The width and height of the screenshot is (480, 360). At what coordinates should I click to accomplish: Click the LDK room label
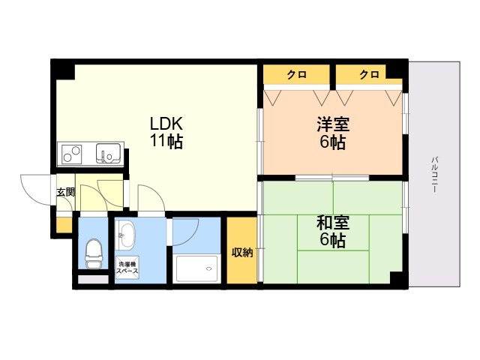tap(166, 123)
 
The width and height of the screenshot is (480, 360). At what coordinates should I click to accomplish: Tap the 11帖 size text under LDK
tap(166, 140)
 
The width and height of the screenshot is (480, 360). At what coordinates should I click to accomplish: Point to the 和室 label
tap(331, 223)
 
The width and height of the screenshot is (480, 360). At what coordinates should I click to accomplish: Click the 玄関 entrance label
tap(65, 192)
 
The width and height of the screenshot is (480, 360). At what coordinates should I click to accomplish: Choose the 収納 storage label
tap(241, 252)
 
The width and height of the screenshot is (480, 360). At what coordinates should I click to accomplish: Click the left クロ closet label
tap(295, 74)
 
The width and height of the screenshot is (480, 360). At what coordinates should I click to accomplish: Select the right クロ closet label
tap(368, 74)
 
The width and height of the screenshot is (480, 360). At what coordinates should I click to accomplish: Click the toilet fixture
tap(94, 253)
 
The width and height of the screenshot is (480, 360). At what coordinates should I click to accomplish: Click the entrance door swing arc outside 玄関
tap(36, 191)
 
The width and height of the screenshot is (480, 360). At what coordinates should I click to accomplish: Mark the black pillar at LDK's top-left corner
tap(64, 70)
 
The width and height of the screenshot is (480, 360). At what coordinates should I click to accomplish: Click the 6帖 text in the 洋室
tap(331, 142)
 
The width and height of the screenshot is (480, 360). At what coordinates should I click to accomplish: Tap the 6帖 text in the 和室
tap(331, 240)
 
